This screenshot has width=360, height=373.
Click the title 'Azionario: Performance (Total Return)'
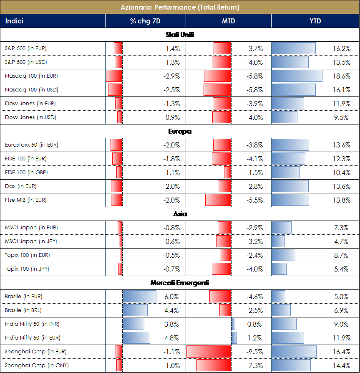click(x=180, y=7)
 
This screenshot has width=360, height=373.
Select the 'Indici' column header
click(x=14, y=21)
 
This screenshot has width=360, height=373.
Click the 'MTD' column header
click(x=229, y=21)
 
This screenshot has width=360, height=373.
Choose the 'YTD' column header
click(x=315, y=21)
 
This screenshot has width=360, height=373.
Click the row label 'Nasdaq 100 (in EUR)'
click(x=31, y=76)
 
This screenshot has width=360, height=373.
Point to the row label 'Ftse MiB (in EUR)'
click(x=25, y=200)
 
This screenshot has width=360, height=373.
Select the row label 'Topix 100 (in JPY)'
click(x=27, y=269)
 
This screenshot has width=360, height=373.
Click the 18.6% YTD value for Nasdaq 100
click(x=342, y=76)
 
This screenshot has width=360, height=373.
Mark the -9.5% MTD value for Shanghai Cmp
click(x=254, y=352)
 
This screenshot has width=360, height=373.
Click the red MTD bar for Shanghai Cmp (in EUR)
click(x=209, y=352)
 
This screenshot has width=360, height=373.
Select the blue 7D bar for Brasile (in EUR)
click(x=139, y=297)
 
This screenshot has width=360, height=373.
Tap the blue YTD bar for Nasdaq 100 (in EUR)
click(x=297, y=76)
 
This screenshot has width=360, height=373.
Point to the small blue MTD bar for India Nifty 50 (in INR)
click(x=233, y=324)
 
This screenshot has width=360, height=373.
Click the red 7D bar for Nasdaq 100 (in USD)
click(x=115, y=90)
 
